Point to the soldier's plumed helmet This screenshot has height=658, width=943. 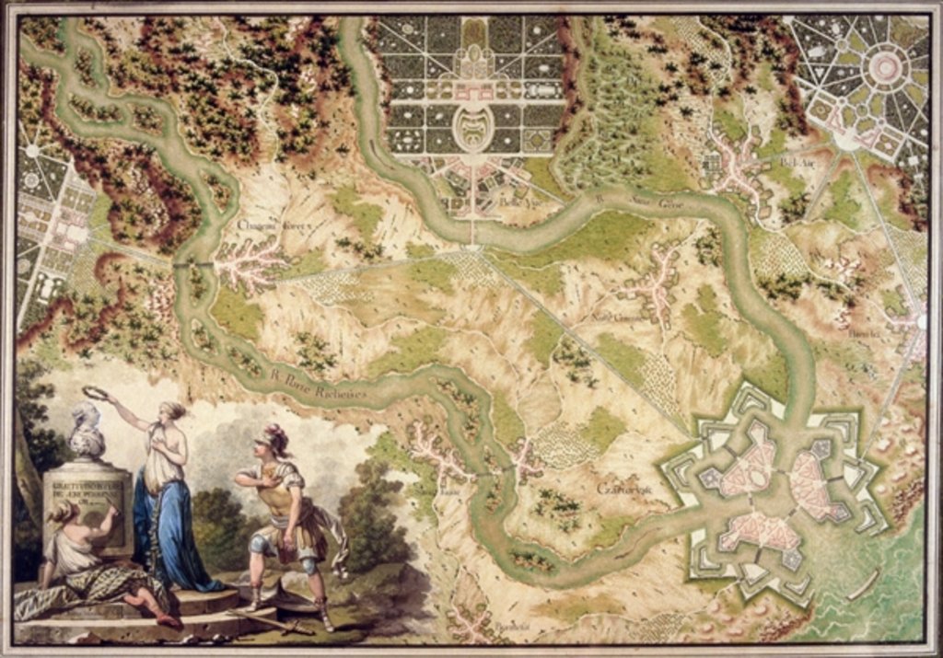tap(272, 439)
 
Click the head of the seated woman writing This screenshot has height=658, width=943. tap(64, 512)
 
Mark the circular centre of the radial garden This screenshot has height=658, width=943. tap(885, 67)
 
